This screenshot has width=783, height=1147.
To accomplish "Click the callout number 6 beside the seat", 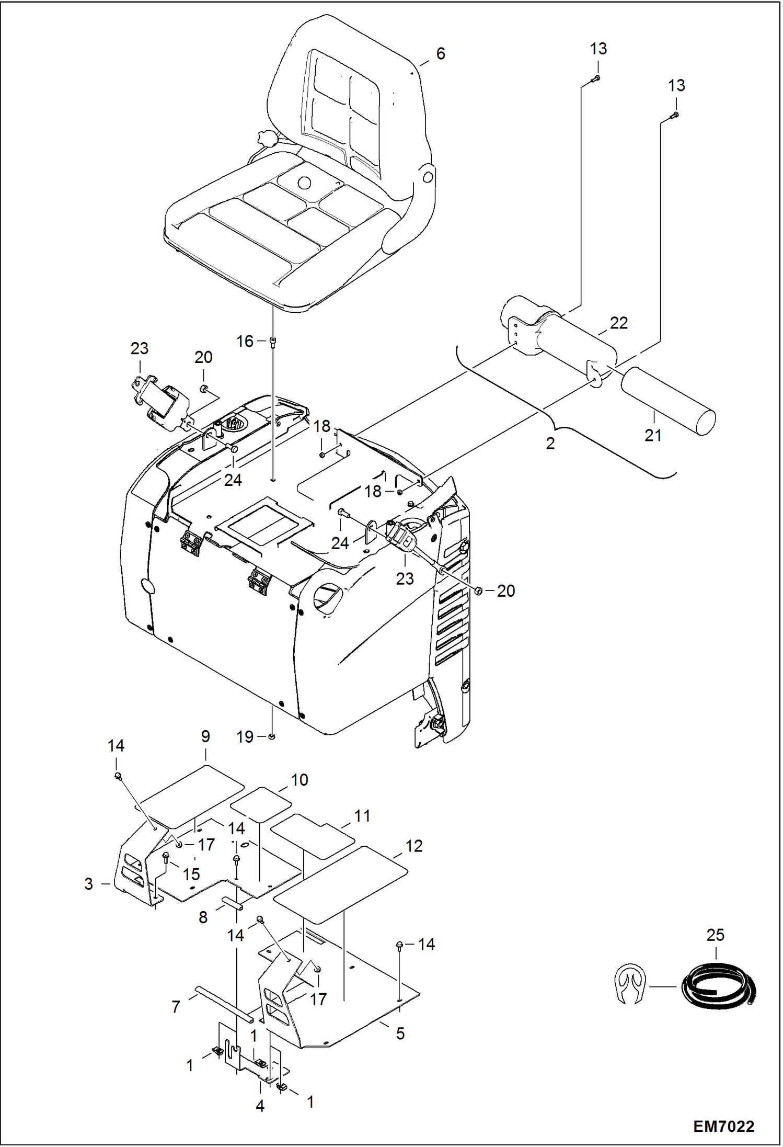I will [441, 54].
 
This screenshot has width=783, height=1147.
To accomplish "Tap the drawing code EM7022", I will [723, 1127].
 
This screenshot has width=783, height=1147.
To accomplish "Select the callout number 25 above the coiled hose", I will [715, 935].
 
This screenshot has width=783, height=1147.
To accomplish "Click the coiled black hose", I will [718, 988].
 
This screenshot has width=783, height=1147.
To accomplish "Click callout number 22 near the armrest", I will [618, 323].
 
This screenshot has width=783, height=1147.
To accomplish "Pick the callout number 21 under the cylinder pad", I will [653, 436].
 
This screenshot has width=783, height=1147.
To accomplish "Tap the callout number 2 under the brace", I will [550, 444].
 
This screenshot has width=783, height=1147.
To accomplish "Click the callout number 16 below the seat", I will [245, 342].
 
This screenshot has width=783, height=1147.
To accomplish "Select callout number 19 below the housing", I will [245, 737].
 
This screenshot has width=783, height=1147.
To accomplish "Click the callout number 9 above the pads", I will [205, 736].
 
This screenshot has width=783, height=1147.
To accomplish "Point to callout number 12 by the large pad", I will [414, 846].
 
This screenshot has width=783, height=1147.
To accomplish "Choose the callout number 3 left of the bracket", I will [89, 884].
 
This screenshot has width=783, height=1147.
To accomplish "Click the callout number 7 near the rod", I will [176, 1006].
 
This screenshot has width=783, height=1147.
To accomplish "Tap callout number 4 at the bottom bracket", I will [260, 1106].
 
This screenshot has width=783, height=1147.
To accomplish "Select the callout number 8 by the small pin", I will [203, 917].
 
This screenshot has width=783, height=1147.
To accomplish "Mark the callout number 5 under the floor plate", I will [400, 1033].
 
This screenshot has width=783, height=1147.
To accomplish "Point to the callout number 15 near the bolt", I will [191, 874].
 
